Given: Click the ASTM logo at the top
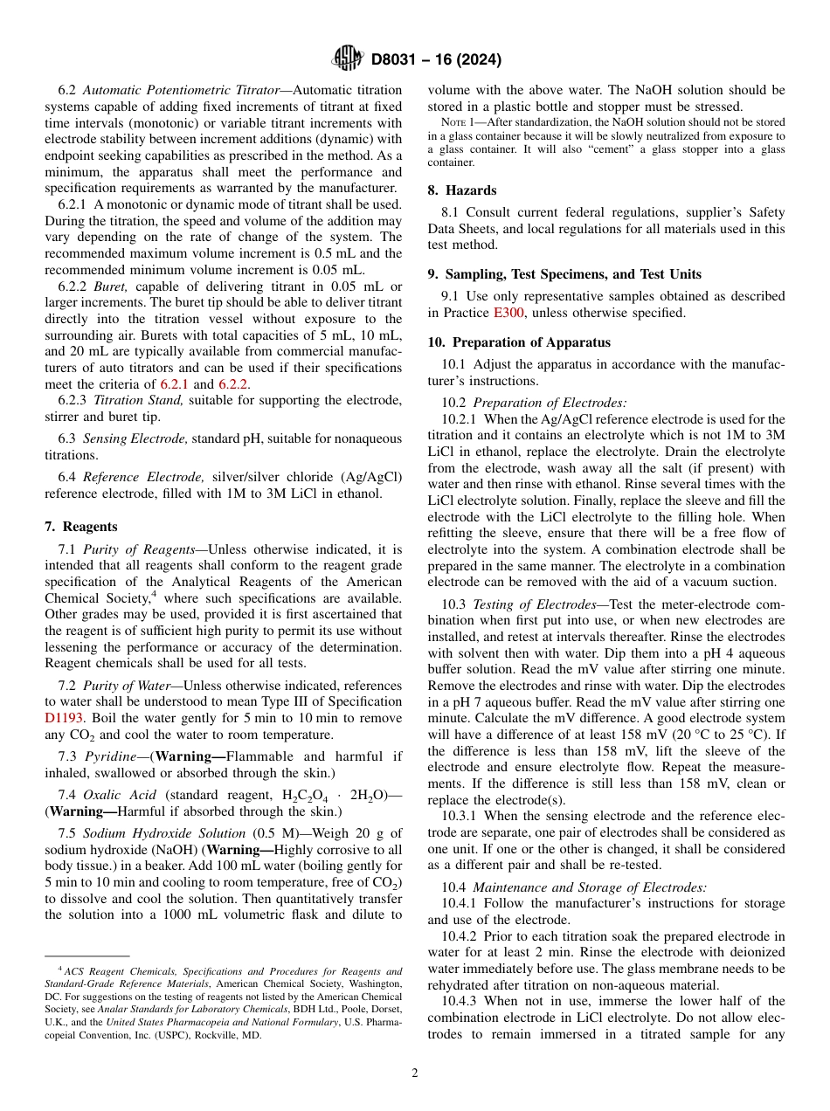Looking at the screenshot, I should point(348,59).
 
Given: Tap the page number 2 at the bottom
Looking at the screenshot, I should point(415,1073).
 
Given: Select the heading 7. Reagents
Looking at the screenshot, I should point(80,527).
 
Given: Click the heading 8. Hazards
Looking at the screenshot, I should point(462,190).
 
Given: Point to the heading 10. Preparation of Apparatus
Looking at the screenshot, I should point(519,342).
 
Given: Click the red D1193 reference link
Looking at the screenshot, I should point(65,718).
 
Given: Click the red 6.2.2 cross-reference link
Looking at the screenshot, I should point(234,384).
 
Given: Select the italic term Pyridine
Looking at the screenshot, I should point(108,756).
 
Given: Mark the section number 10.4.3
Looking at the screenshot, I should point(460,1001).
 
